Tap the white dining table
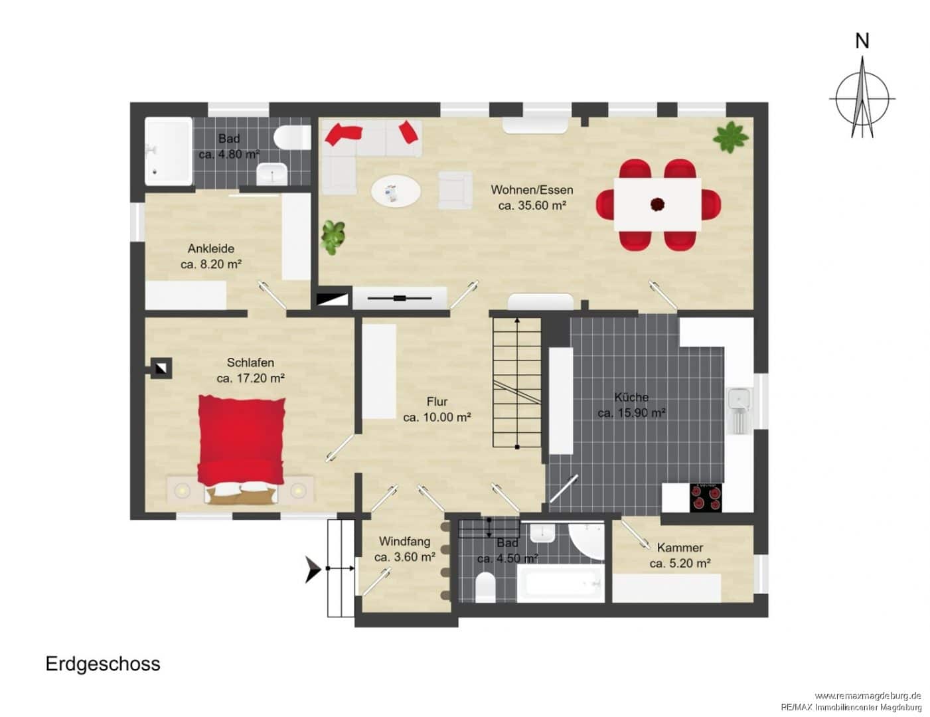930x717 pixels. pyautogui.click(x=657, y=204)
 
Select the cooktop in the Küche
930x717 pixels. pyautogui.click(x=706, y=497)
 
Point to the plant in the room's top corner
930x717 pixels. pyautogui.click(x=731, y=137)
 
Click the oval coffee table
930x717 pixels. pyautogui.click(x=396, y=192)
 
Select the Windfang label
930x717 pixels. pyautogui.click(x=404, y=542)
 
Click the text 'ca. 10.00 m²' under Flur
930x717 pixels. pyautogui.click(x=437, y=417)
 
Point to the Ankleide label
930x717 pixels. pyautogui.click(x=211, y=248)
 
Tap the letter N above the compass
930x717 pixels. pyautogui.click(x=862, y=41)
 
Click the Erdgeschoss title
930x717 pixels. pyautogui.click(x=103, y=664)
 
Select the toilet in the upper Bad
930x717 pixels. pyautogui.click(x=292, y=137)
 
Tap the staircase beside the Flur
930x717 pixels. pyautogui.click(x=517, y=383)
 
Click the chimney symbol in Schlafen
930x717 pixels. pyautogui.click(x=161, y=368)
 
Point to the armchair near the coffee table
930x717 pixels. pyautogui.click(x=455, y=190)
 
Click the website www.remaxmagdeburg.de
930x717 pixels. pyautogui.click(x=868, y=696)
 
